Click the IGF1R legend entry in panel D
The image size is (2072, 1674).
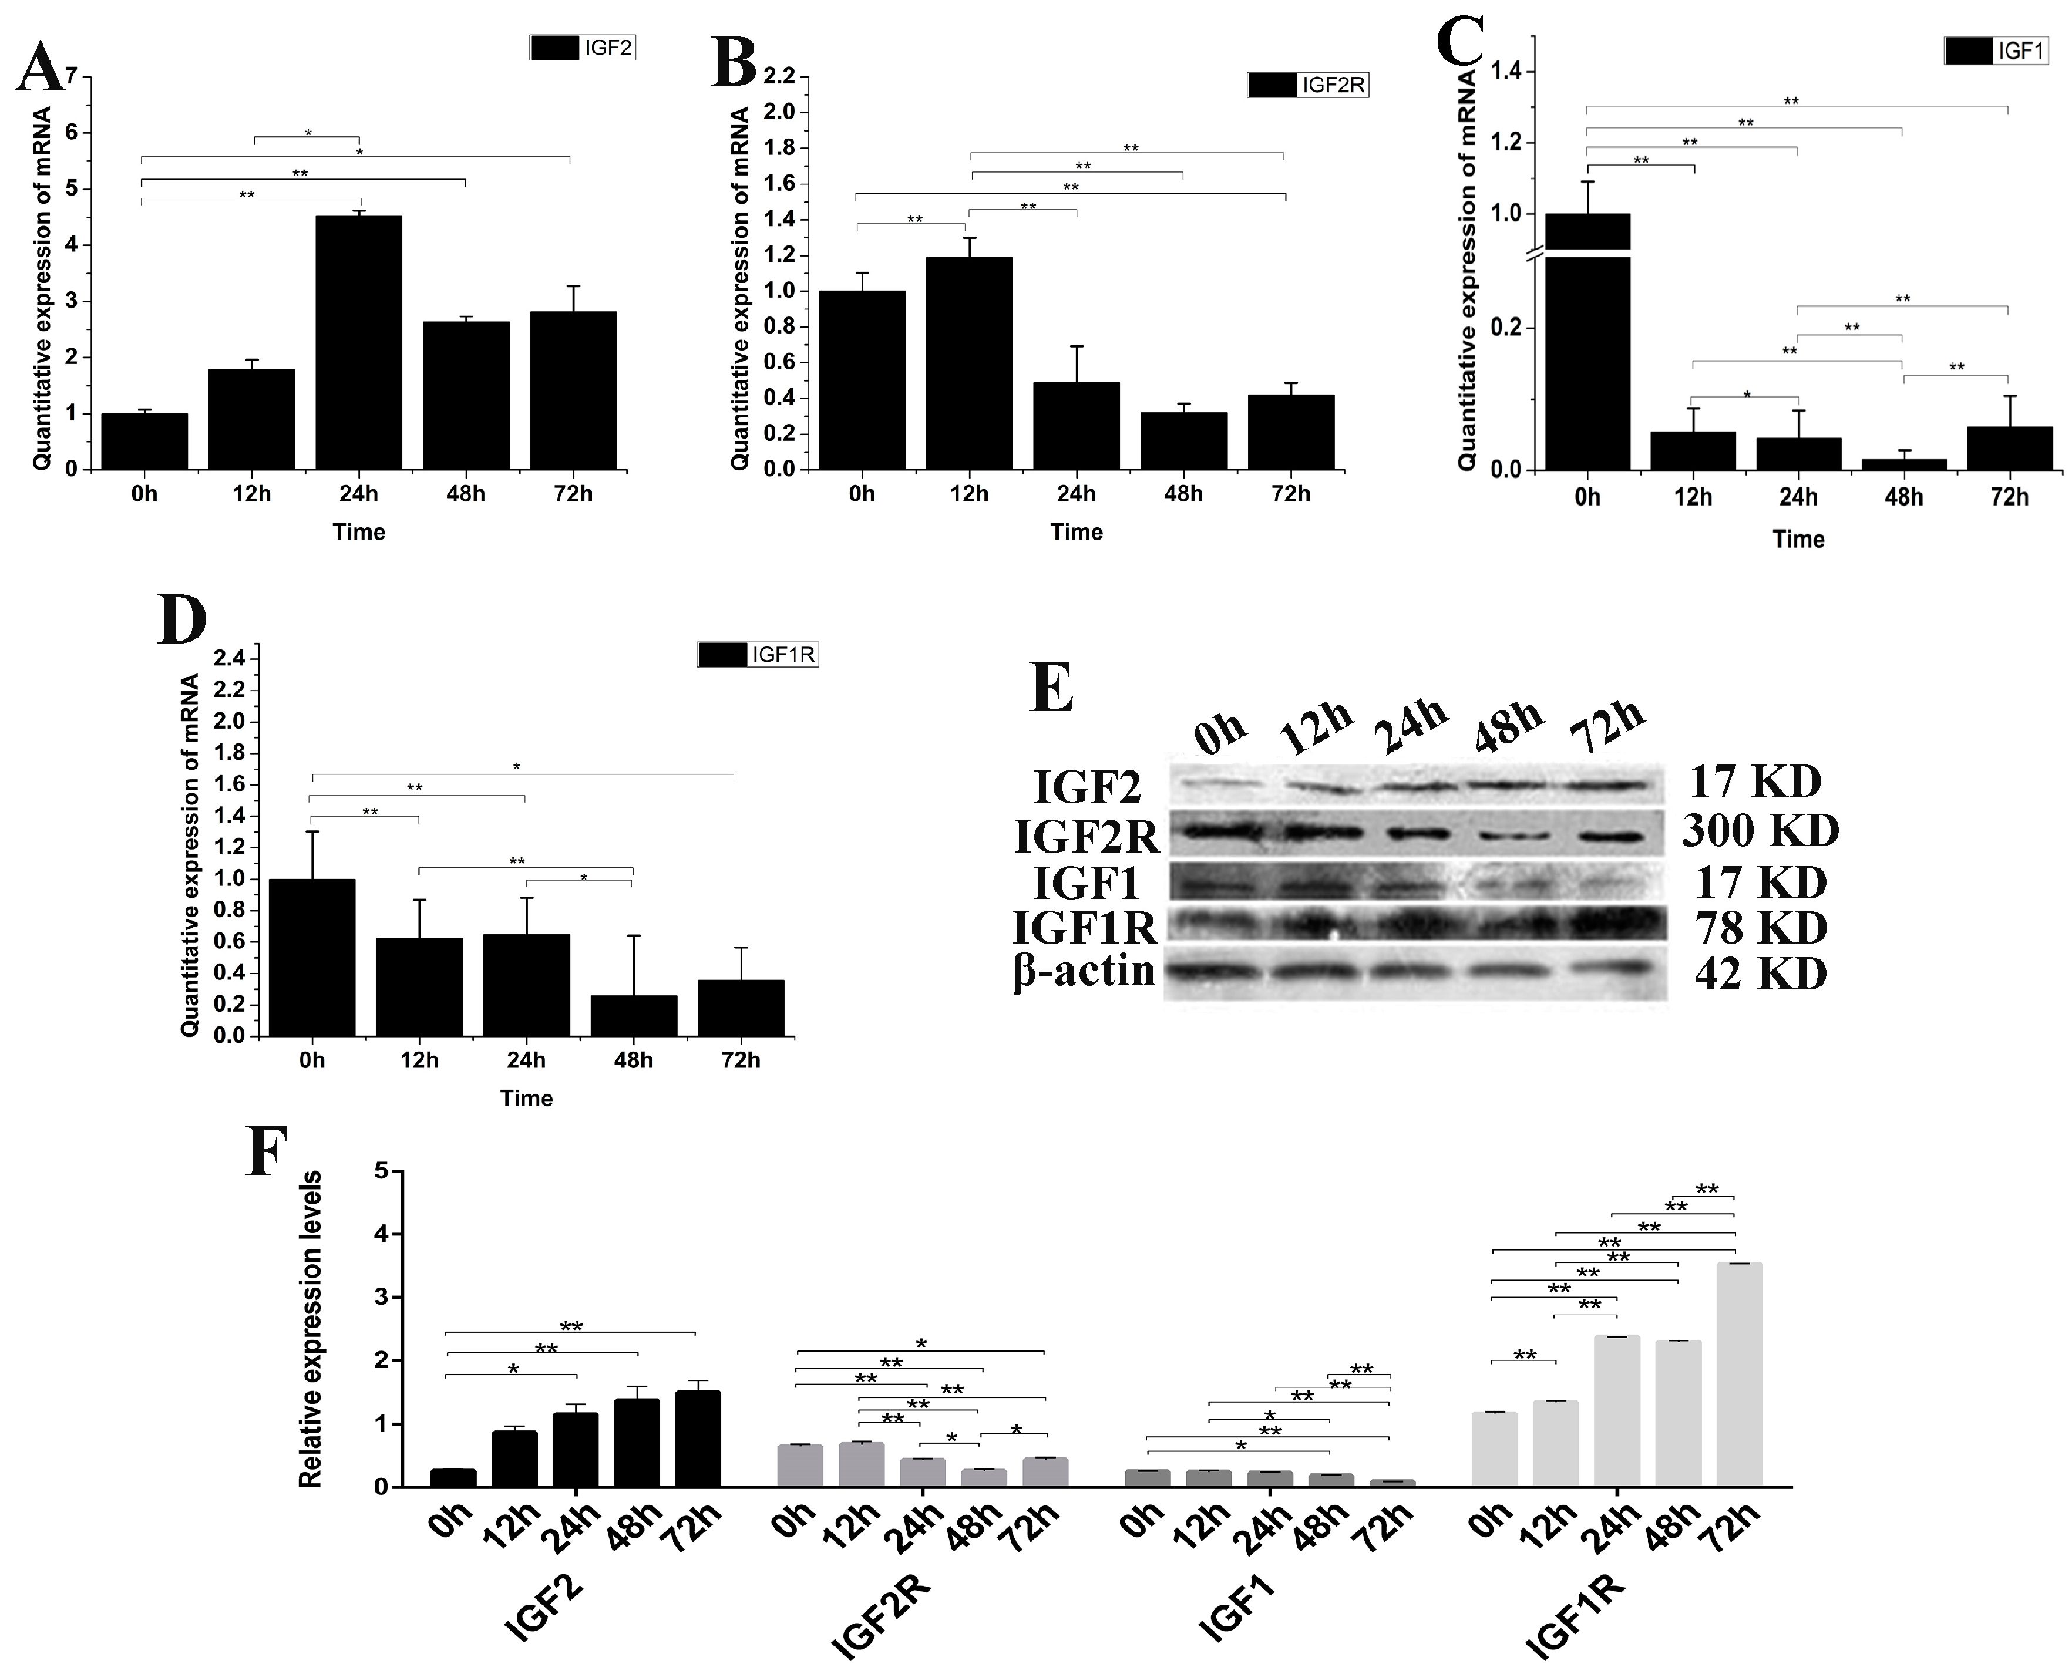click(x=758, y=655)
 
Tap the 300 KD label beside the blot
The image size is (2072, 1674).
click(x=1760, y=830)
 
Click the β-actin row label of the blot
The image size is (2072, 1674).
click(x=1084, y=970)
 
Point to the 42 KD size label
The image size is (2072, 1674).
click(x=1760, y=974)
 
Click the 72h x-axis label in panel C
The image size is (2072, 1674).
click(x=2009, y=497)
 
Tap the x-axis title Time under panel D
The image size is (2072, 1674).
click(x=527, y=1099)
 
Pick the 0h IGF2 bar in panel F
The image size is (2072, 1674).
click(x=453, y=1477)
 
